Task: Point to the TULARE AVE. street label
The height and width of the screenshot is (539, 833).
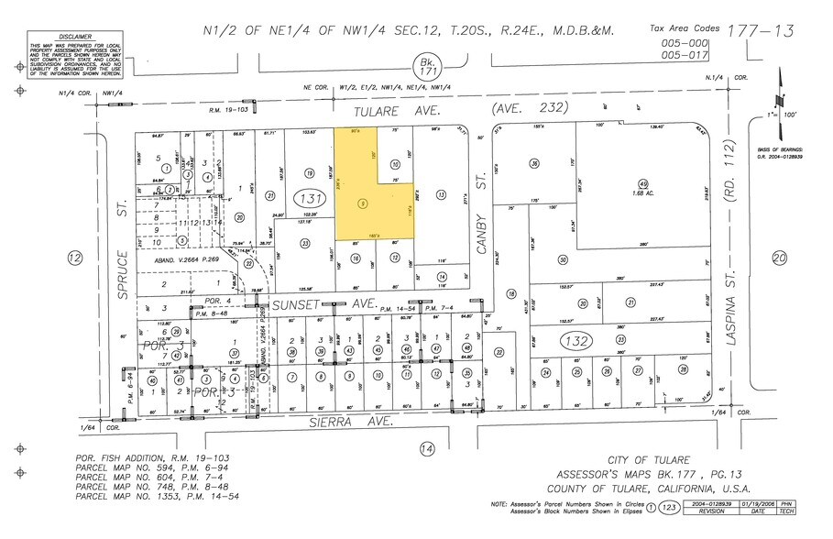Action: (397, 109)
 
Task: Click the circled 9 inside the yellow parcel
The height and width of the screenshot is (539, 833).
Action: (363, 203)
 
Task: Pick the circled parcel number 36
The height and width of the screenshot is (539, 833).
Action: (532, 164)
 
